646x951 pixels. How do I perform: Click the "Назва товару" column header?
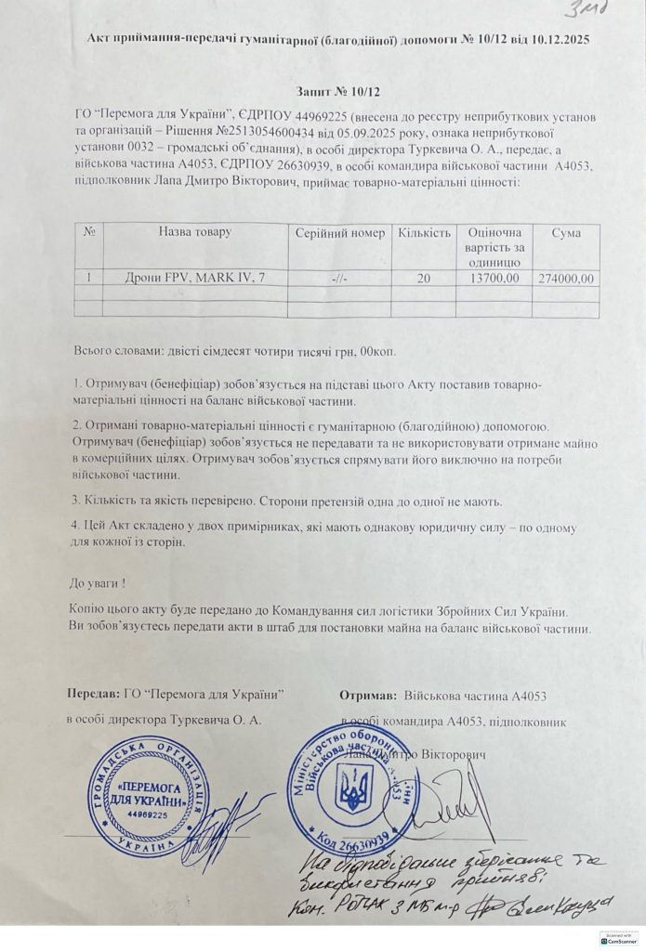[194, 232]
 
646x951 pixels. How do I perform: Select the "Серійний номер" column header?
[339, 232]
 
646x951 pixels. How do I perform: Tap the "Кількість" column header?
[425, 232]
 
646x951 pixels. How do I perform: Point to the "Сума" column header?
[565, 232]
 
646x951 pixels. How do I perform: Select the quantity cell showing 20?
[425, 277]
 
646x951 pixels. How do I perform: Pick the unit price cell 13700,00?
[496, 277]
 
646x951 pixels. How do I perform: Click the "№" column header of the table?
[91, 232]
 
